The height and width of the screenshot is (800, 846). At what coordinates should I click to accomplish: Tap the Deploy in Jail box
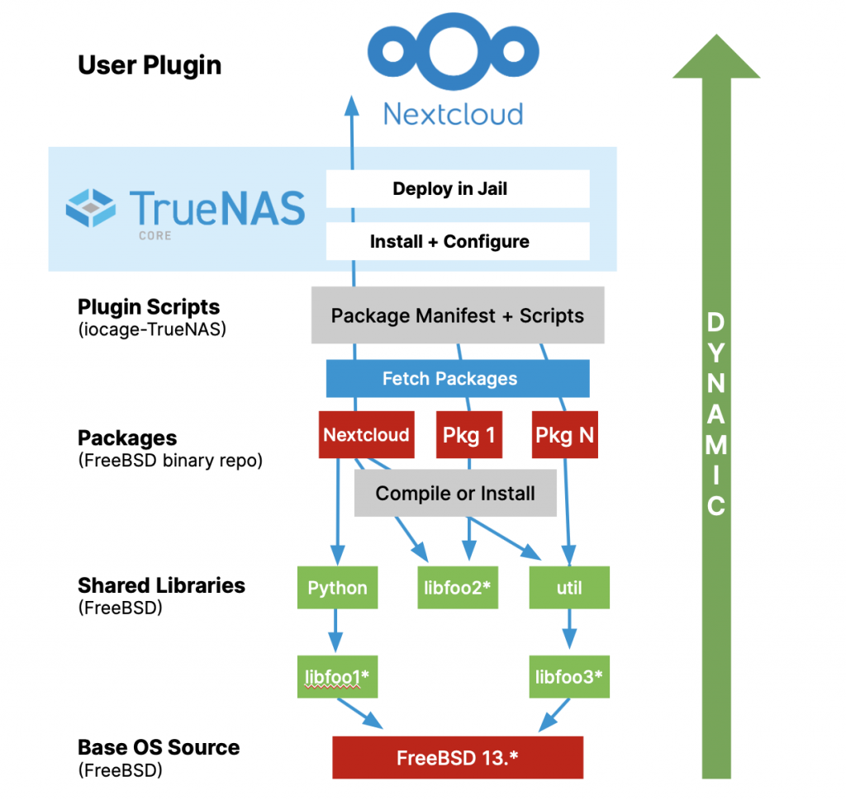458,189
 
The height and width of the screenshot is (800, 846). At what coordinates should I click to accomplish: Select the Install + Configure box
458,242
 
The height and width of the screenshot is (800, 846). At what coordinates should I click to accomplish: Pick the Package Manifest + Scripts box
458,315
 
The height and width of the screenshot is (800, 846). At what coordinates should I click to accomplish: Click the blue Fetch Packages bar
458,379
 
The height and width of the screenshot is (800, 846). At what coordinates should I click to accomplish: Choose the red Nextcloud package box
366,435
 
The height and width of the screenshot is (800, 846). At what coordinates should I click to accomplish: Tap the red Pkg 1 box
469,435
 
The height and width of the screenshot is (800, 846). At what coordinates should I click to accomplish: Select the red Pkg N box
564,435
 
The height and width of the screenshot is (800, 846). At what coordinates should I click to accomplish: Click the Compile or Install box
455,494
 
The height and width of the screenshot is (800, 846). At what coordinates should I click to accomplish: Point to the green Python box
337,588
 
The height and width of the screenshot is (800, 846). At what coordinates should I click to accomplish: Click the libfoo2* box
458,588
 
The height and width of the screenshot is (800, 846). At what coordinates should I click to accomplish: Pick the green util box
569,588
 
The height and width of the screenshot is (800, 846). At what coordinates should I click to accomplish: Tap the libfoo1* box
335,677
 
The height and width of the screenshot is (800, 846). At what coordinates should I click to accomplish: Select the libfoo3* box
568,677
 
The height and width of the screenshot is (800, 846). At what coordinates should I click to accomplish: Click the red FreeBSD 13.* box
458,758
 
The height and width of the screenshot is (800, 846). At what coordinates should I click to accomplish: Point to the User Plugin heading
150,65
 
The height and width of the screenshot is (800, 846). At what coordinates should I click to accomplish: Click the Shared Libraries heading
161,585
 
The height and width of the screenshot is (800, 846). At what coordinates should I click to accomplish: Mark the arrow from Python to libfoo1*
335,631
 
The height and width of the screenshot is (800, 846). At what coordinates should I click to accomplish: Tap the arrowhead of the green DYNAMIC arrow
716,58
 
